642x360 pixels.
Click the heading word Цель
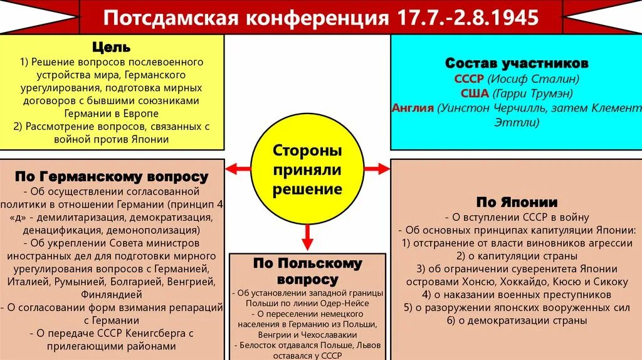[111, 47]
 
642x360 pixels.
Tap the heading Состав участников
[517, 63]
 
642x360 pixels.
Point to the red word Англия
[413, 108]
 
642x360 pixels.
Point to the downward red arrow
[307, 236]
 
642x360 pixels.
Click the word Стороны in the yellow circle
[307, 151]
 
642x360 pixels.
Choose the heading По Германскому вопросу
[111, 176]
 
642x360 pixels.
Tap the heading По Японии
[517, 202]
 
